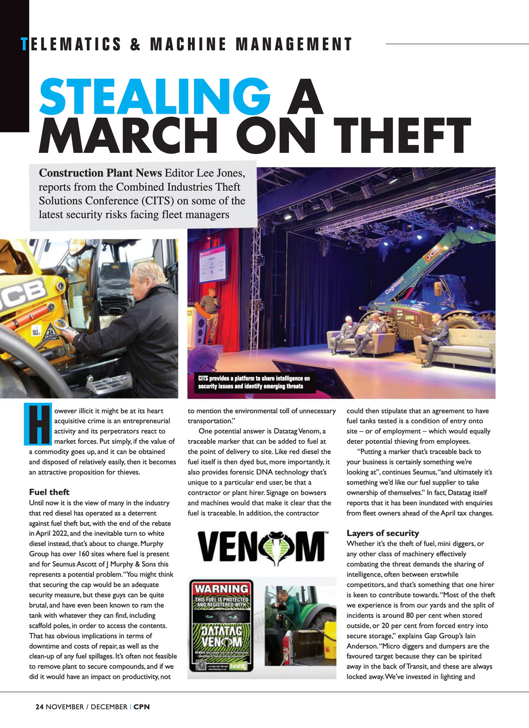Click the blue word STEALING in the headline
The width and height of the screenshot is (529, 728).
coord(154,96)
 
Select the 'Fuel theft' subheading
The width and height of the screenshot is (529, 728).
coord(49,492)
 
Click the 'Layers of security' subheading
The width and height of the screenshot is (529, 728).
coord(383,533)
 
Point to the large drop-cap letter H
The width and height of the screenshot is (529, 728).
coord(38,423)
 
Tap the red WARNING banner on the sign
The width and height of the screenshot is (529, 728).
coord(222,588)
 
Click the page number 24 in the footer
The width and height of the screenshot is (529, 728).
coord(39,707)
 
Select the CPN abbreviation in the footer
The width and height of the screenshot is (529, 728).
coord(142,707)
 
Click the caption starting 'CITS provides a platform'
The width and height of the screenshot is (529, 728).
coord(253,382)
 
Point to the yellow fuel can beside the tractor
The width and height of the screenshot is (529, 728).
coord(328,624)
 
